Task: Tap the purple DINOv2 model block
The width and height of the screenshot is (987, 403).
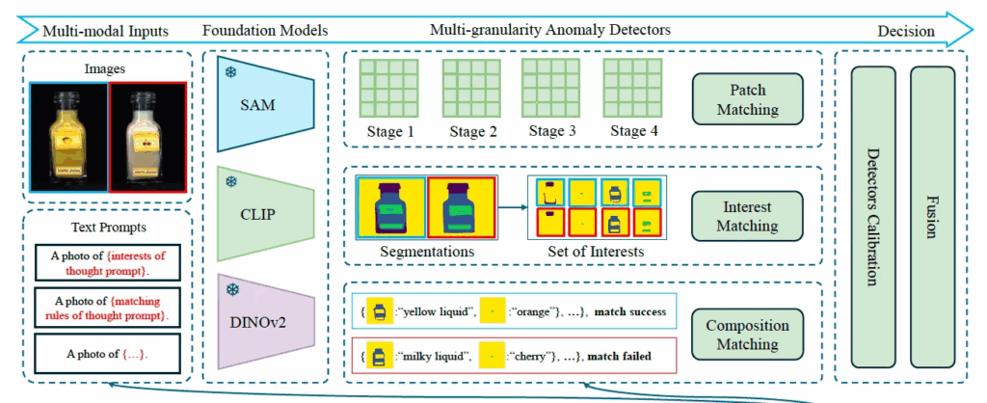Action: click(264, 318)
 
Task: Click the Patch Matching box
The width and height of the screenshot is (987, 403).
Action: click(747, 100)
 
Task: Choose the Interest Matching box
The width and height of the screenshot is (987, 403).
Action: click(747, 217)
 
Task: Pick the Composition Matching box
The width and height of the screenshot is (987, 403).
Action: click(747, 335)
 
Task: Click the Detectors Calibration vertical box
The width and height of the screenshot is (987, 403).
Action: click(872, 216)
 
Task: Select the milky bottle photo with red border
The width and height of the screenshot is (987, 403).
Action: click(147, 135)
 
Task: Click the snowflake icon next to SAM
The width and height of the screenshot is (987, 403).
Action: click(232, 73)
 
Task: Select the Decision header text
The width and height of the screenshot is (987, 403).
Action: click(906, 32)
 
